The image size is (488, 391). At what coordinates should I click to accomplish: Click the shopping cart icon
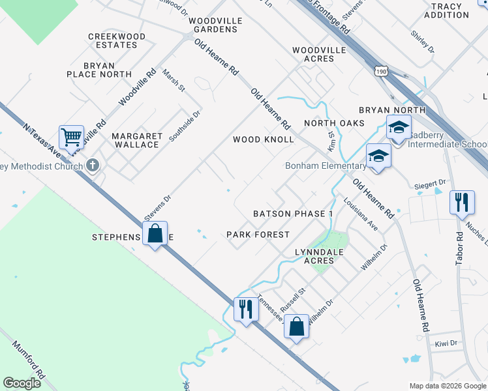71,138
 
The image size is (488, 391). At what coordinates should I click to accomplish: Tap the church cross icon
93,166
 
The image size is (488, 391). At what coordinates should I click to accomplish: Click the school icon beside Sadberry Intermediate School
399,127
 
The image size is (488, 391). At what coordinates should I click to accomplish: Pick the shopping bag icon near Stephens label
155,233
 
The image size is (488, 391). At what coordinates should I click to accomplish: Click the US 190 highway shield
381,69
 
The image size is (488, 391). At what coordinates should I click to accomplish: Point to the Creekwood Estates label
112,40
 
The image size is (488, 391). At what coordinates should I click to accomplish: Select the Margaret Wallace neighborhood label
137,140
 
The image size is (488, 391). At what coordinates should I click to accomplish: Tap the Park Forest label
258,234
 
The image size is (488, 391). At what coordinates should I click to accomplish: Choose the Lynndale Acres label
319,255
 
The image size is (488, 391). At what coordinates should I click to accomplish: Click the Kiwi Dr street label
446,341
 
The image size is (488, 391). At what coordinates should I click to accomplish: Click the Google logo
22,383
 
